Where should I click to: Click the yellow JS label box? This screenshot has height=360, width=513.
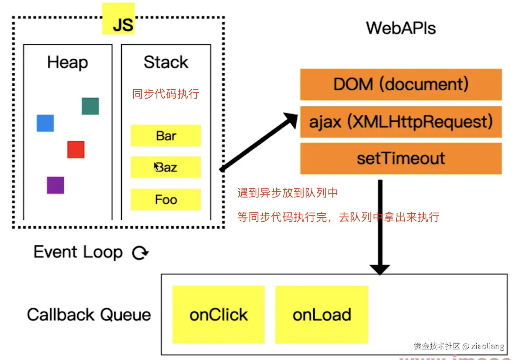pyautogui.click(x=119, y=19)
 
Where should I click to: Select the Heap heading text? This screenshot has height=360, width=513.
pyautogui.click(x=68, y=62)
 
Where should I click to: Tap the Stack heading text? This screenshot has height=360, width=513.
pyautogui.click(x=166, y=62)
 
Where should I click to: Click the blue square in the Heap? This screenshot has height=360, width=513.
pyautogui.click(x=45, y=123)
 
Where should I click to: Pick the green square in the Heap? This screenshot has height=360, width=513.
pyautogui.click(x=90, y=106)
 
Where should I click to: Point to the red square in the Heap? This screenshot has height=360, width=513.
pyautogui.click(x=76, y=150)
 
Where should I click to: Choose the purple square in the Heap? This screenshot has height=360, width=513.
pyautogui.click(x=55, y=185)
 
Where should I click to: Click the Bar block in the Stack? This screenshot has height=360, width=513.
pyautogui.click(x=166, y=136)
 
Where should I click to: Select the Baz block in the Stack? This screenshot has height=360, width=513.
pyautogui.click(x=166, y=167)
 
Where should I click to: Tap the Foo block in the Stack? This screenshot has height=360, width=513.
pyautogui.click(x=166, y=200)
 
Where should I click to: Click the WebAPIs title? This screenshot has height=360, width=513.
pyautogui.click(x=401, y=28)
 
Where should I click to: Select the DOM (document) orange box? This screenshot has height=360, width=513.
pyautogui.click(x=401, y=84)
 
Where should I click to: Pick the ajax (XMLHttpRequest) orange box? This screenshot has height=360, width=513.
pyautogui.click(x=401, y=122)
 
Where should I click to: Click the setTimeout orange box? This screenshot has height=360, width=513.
pyautogui.click(x=401, y=159)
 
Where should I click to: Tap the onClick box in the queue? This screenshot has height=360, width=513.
pyautogui.click(x=218, y=315)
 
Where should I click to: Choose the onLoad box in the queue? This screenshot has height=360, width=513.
pyautogui.click(x=322, y=315)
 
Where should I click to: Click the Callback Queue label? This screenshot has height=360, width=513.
pyautogui.click(x=89, y=315)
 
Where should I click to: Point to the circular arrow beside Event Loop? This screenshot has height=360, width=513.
pyautogui.click(x=140, y=253)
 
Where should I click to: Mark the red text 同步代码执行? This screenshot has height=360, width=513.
pyautogui.click(x=166, y=94)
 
